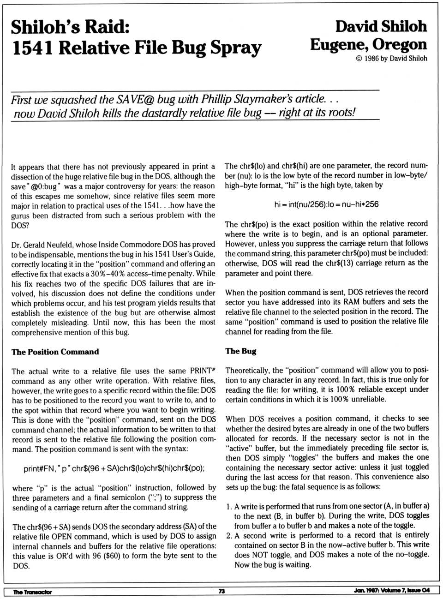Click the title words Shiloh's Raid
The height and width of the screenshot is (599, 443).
coord(70,27)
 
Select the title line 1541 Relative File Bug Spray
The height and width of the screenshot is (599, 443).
coord(137,48)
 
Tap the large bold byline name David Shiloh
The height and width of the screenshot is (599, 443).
coord(381,26)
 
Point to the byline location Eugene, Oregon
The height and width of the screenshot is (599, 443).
coord(368,44)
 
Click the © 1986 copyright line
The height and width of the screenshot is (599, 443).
coord(391,59)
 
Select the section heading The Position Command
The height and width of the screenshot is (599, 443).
coord(55,352)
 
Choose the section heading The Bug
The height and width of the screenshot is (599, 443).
coord(240,351)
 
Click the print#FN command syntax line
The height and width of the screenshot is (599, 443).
coord(114,468)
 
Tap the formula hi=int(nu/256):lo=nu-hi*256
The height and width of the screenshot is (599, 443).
coord(326,204)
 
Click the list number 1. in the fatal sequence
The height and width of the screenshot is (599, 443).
coord(229,506)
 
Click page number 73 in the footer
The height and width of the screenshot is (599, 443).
coord(221,592)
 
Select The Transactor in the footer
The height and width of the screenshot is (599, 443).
coord(32,592)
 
